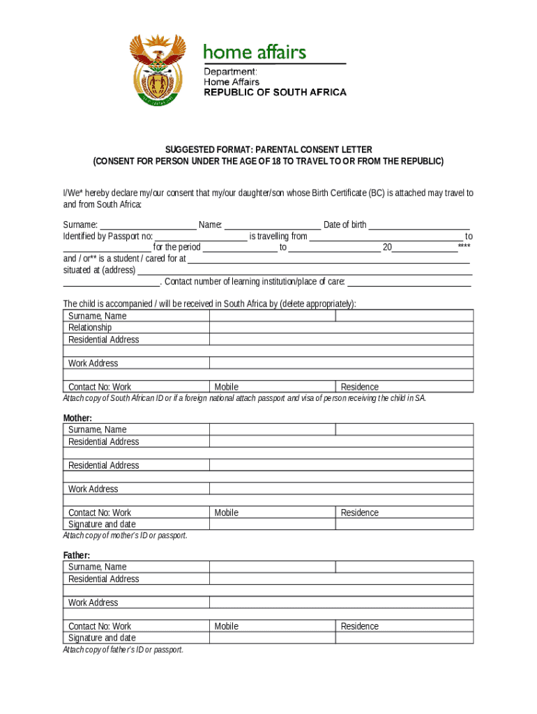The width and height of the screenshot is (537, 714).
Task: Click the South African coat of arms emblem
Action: [158, 70]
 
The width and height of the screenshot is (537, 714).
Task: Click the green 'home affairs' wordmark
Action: [254, 52]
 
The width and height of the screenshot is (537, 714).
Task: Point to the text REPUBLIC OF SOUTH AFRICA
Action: [274, 92]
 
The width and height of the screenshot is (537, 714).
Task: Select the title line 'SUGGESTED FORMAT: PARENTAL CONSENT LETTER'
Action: [268, 150]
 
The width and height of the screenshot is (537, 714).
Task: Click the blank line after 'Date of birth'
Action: [418, 225]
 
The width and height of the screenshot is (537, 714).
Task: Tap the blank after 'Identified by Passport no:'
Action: [201, 237]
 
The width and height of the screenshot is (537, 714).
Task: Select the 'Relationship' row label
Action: [90, 328]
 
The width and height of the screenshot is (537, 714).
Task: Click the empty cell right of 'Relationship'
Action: [341, 328]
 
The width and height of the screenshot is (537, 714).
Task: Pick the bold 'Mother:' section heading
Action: [77, 418]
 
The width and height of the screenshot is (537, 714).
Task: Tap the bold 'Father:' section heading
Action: [77, 555]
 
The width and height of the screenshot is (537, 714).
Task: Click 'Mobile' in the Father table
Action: [227, 626]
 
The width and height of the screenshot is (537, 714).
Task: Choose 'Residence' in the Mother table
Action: [360, 512]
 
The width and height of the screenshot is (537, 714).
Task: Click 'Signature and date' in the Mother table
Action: [102, 524]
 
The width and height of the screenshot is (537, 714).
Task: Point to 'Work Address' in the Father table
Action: [93, 602]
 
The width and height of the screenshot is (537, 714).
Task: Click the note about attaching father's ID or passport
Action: [123, 650]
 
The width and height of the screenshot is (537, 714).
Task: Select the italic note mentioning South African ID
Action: [244, 398]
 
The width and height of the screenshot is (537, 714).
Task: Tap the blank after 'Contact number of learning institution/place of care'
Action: [409, 282]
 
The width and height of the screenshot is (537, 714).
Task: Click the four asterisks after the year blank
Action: [464, 248]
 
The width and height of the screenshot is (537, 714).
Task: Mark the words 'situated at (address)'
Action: [99, 271]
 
